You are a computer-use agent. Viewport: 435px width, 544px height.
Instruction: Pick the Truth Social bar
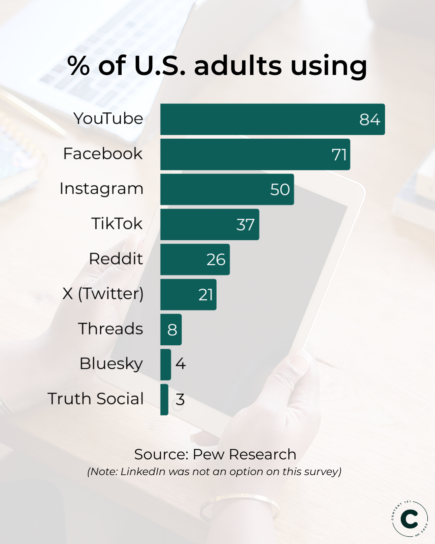[x=164, y=399]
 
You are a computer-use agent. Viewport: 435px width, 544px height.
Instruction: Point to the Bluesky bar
[x=165, y=364]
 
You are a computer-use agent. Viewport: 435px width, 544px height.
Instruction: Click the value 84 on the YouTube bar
[x=369, y=120]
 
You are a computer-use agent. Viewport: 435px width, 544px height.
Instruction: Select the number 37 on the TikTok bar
[x=245, y=225]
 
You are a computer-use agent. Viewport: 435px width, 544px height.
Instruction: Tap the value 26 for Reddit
[x=216, y=260]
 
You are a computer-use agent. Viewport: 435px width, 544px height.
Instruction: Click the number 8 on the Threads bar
[x=172, y=330]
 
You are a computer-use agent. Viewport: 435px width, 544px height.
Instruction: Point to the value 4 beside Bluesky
[x=180, y=364]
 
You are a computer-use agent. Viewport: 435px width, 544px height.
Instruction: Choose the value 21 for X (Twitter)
[x=206, y=295]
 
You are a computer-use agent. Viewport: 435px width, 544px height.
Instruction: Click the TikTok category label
[x=117, y=224]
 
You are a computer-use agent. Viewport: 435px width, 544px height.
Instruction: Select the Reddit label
[x=116, y=259]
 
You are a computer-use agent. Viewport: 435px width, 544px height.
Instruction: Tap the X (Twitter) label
[x=103, y=294]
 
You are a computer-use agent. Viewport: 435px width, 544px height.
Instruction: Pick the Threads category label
[x=110, y=329]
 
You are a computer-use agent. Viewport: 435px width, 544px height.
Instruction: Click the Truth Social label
[x=95, y=399]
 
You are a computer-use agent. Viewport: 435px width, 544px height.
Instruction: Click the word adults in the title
[x=238, y=66]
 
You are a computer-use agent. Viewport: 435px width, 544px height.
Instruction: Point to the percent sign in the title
[x=78, y=66]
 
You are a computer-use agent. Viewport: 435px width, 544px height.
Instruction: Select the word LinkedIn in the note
[x=143, y=472]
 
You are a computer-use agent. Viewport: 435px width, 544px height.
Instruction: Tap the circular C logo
[x=410, y=519]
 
